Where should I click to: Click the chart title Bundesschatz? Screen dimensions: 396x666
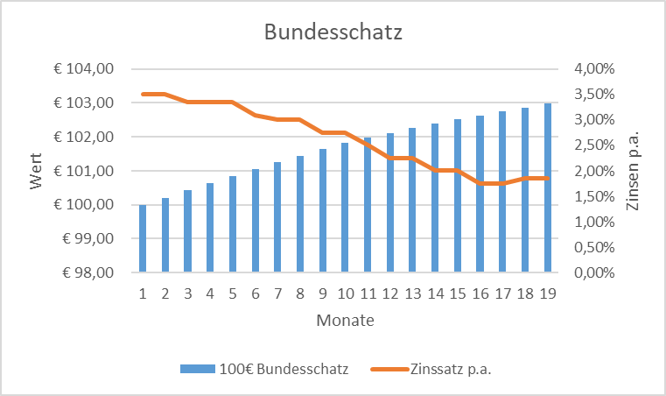coord(333,34)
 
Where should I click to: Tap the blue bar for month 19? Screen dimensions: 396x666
coord(547,187)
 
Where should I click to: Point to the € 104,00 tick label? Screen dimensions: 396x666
coord(89,69)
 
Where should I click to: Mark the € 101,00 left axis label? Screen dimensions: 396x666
coord(89,171)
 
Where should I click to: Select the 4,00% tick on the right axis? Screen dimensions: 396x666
coord(592,69)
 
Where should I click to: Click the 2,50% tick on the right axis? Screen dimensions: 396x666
coord(592,145)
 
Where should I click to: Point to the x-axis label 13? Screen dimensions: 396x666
coord(412,293)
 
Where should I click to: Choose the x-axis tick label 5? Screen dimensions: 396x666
coord(233,293)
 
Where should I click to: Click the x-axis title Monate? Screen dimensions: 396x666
coord(345,321)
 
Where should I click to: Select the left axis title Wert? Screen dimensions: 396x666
coord(36,171)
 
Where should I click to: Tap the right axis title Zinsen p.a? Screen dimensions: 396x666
coord(633,171)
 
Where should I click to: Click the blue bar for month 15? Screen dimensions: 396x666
coord(457,196)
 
